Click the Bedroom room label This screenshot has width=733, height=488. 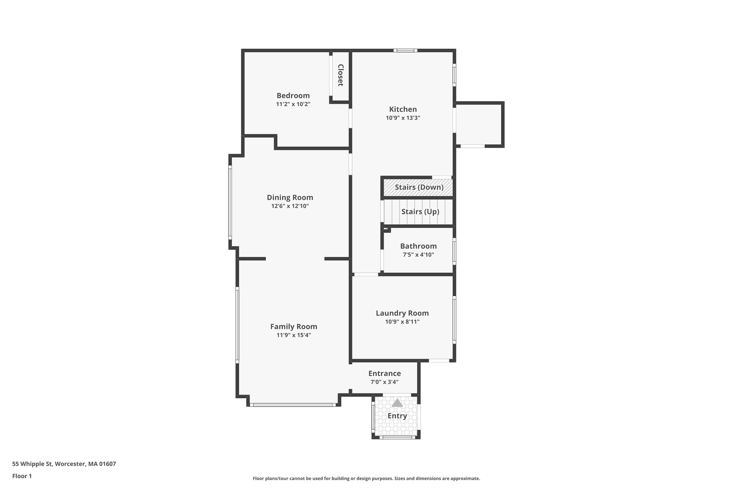pos(293,95)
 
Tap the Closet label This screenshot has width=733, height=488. pos(340,75)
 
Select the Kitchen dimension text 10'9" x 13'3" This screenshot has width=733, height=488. pos(403,118)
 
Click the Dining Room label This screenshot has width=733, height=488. pos(290,198)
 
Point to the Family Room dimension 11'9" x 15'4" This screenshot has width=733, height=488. pos(293,335)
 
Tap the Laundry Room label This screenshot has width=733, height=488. pos(402,313)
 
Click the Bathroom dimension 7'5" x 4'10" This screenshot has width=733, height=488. pos(418,255)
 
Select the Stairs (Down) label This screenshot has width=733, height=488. pos(419,187)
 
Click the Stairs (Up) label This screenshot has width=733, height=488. pos(420,212)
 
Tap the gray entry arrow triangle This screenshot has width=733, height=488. pos(397,403)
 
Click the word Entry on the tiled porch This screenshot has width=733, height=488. pos(397,416)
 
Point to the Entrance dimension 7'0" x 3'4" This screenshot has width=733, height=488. pos(384,382)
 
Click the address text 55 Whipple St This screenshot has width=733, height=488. pos(33,464)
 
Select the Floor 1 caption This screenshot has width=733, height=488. pos(22,476)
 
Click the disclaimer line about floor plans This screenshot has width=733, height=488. pos(366,478)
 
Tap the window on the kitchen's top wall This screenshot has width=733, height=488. pos(406,50)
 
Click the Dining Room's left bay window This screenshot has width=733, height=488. pos(230,202)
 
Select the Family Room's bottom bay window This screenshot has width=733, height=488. pos(293,405)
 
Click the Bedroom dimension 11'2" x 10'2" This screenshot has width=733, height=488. pos(293,104)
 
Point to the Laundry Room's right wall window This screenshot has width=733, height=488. pos(454,320)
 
